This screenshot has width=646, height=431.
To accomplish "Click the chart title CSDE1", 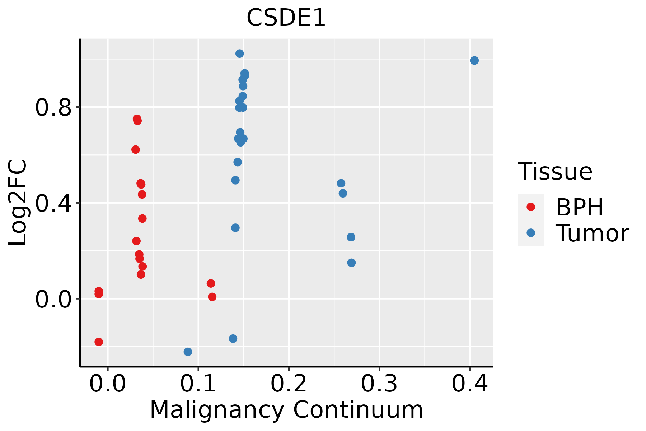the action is pos(286,18).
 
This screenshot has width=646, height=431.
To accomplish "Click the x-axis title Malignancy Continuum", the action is pos(286,410).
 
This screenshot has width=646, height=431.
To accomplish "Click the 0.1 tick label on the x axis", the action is pos(198,384).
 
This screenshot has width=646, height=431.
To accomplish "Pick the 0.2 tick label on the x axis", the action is pos(289,384).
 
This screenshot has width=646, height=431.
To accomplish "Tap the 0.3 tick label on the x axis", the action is pos(379,384).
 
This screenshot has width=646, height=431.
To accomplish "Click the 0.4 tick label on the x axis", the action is pos(469,384).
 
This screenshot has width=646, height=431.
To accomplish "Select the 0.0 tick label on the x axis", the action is pos(108,384).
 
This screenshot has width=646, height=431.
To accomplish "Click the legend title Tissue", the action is pos(555,172).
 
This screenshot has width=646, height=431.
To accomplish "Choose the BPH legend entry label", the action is pos(580,207).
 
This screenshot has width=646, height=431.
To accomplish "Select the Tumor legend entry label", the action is pos(593,233).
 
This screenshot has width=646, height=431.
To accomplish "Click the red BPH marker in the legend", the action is pos(530,207).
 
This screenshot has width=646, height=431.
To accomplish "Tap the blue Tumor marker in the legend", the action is pos(530,233).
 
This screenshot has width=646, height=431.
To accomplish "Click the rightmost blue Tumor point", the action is pos(474,60).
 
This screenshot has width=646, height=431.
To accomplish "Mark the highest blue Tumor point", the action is pos(239,54).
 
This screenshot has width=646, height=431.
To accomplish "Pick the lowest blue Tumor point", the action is pos(188,352).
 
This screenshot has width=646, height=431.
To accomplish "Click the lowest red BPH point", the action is pos(99,342).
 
